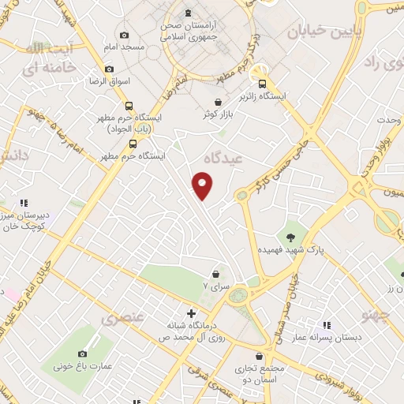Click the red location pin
coord(204,186)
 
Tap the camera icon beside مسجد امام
coord(124,35)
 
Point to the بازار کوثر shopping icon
coord(217,102)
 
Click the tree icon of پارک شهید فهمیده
coord(291,236)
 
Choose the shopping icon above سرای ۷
coord(215,274)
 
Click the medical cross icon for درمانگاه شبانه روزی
coord(190,312)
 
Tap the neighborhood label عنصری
coord(122,319)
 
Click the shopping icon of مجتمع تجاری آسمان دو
coord(260,357)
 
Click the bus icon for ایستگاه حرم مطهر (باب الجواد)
coord(129,106)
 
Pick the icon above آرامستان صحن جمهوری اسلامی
coord(188,13)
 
